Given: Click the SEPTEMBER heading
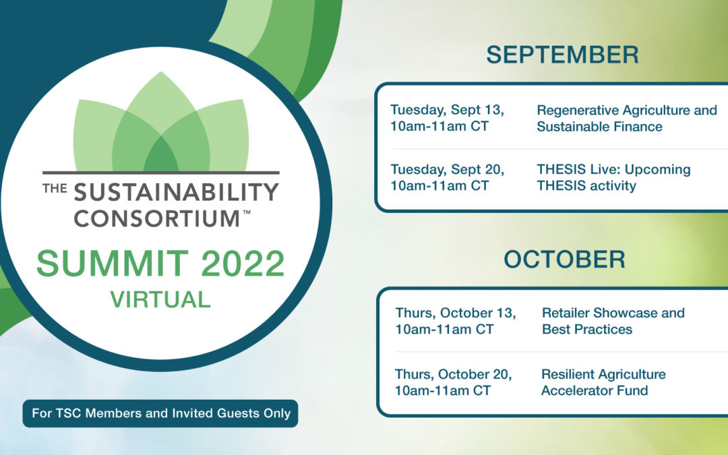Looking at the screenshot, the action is [x=562, y=55].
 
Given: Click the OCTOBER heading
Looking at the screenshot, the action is [x=565, y=260].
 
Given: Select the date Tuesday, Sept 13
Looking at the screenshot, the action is [x=447, y=110].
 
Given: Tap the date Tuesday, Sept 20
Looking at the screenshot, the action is [x=447, y=169].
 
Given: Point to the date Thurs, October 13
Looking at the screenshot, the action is [x=456, y=313].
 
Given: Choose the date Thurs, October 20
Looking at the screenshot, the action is [x=453, y=374].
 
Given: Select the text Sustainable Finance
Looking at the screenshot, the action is [x=599, y=126].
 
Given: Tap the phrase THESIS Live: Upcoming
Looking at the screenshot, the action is [x=614, y=169].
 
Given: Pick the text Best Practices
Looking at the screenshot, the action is [x=587, y=329].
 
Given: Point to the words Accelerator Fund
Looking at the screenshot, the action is [x=595, y=390].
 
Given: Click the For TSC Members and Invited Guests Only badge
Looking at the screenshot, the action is [x=160, y=413].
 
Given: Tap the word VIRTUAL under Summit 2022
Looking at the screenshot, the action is [x=160, y=299].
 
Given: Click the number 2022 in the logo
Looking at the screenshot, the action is [x=243, y=264].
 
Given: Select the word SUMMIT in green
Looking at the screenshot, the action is [x=113, y=264].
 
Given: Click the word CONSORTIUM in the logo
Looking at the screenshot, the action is [x=156, y=218].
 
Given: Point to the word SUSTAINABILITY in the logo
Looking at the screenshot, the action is [x=176, y=191].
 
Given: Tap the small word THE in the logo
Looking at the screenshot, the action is [x=55, y=188].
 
